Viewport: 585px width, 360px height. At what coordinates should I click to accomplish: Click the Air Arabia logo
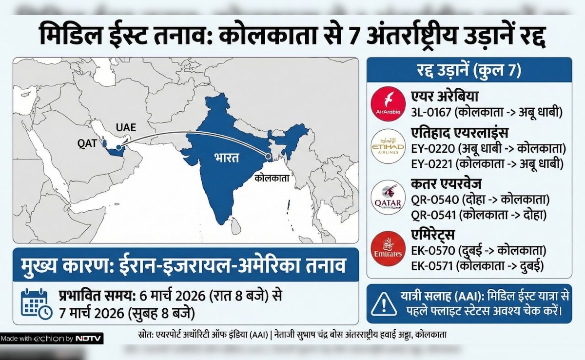pos(388,104)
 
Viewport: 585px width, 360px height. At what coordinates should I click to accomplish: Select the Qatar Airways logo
pos(388,198)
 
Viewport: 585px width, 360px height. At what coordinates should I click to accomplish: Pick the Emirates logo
pos(388,249)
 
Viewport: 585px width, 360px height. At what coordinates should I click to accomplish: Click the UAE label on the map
pos(126,128)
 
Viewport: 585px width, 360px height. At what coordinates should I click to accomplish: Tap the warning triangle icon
pos(384,304)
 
